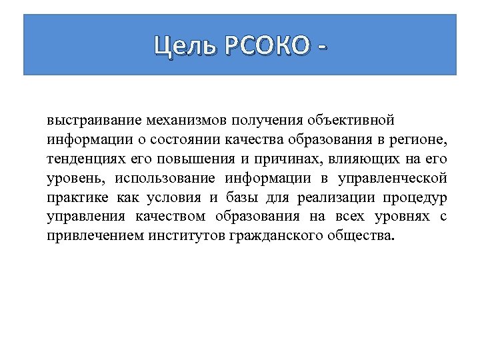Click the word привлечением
[90, 236]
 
